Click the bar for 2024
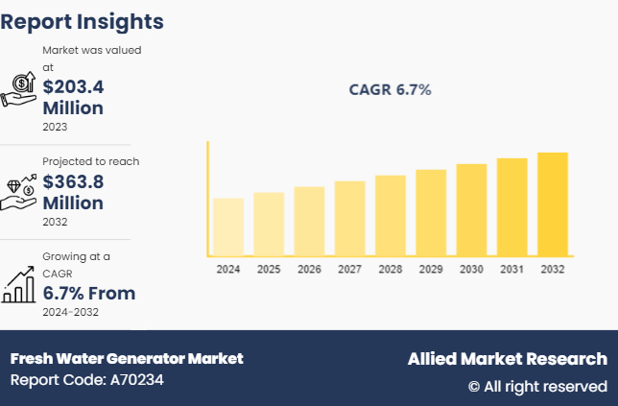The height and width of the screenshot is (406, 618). (228, 227)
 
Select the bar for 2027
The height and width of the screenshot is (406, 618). (349, 218)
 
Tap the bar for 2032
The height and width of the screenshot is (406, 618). (552, 203)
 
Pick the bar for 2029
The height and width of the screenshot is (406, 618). (431, 212)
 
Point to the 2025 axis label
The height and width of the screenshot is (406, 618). (269, 270)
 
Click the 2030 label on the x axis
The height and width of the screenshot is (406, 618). (471, 270)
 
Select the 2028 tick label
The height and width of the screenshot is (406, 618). (391, 270)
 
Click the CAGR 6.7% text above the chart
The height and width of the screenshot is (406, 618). (390, 90)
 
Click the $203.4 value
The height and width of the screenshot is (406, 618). (73, 86)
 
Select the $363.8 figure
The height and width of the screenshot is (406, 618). (73, 182)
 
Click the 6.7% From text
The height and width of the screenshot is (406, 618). (88, 293)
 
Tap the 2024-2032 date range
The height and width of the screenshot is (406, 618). (70, 312)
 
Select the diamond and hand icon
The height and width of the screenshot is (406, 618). (20, 190)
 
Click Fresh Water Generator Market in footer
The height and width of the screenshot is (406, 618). (127, 359)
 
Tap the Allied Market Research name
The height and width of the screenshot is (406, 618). (507, 359)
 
